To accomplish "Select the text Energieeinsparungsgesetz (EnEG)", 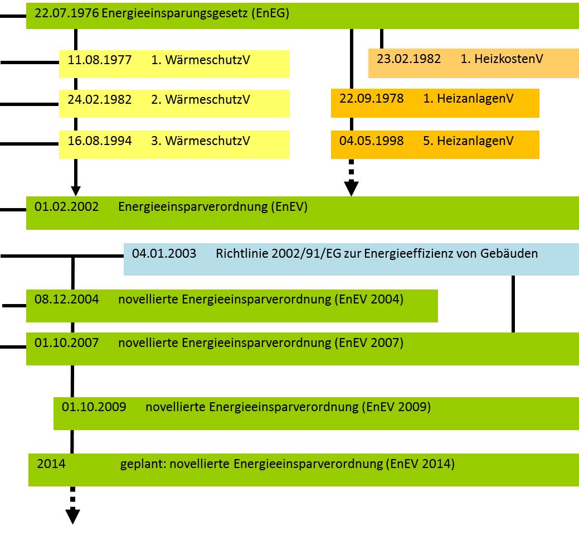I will point(196,14).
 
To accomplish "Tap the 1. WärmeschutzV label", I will point(201,60).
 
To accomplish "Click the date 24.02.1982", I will point(100,100).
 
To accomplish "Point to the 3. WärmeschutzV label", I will point(201,141).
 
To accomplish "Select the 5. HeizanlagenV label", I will point(468,141).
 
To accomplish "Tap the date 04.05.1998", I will point(371,141).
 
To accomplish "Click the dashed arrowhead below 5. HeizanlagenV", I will point(351,189).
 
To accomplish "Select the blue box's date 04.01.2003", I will point(164,254).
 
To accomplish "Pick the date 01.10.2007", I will point(66,343).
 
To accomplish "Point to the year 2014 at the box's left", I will point(51,464).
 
